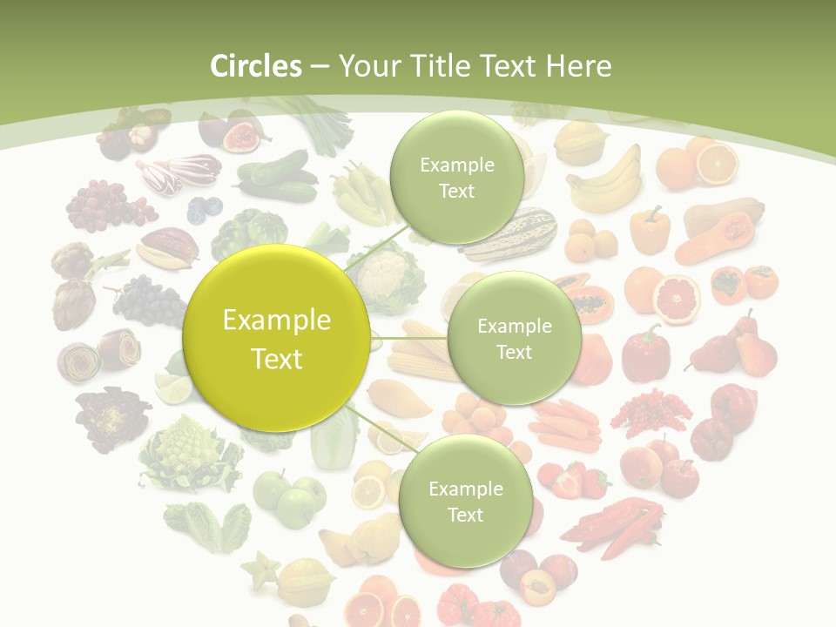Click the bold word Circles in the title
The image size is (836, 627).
coord(256,66)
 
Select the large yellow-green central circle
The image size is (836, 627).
coord(277,339)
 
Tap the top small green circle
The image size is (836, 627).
coord(455,178)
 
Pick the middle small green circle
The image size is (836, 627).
coord(514,339)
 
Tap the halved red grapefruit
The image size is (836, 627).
coord(677,298)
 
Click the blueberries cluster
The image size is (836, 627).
coord(205,208)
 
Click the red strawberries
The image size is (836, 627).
coord(575,478)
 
